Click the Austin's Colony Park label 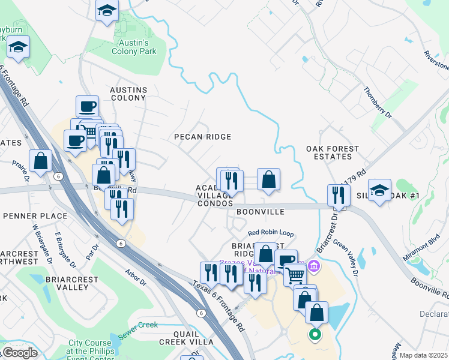pos(134,47)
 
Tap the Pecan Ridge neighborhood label pos(202,137)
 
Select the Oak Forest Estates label pos(333,152)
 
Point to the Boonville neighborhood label pos(260,212)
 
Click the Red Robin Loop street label pos(271,233)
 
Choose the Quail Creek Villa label pos(186,337)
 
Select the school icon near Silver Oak pos(379,190)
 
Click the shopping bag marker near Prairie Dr pos(41,160)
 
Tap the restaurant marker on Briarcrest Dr pos(339,194)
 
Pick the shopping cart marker pos(295,275)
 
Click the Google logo pos(19,353)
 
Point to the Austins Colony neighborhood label pos(128,93)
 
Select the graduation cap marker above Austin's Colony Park pos(107,11)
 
